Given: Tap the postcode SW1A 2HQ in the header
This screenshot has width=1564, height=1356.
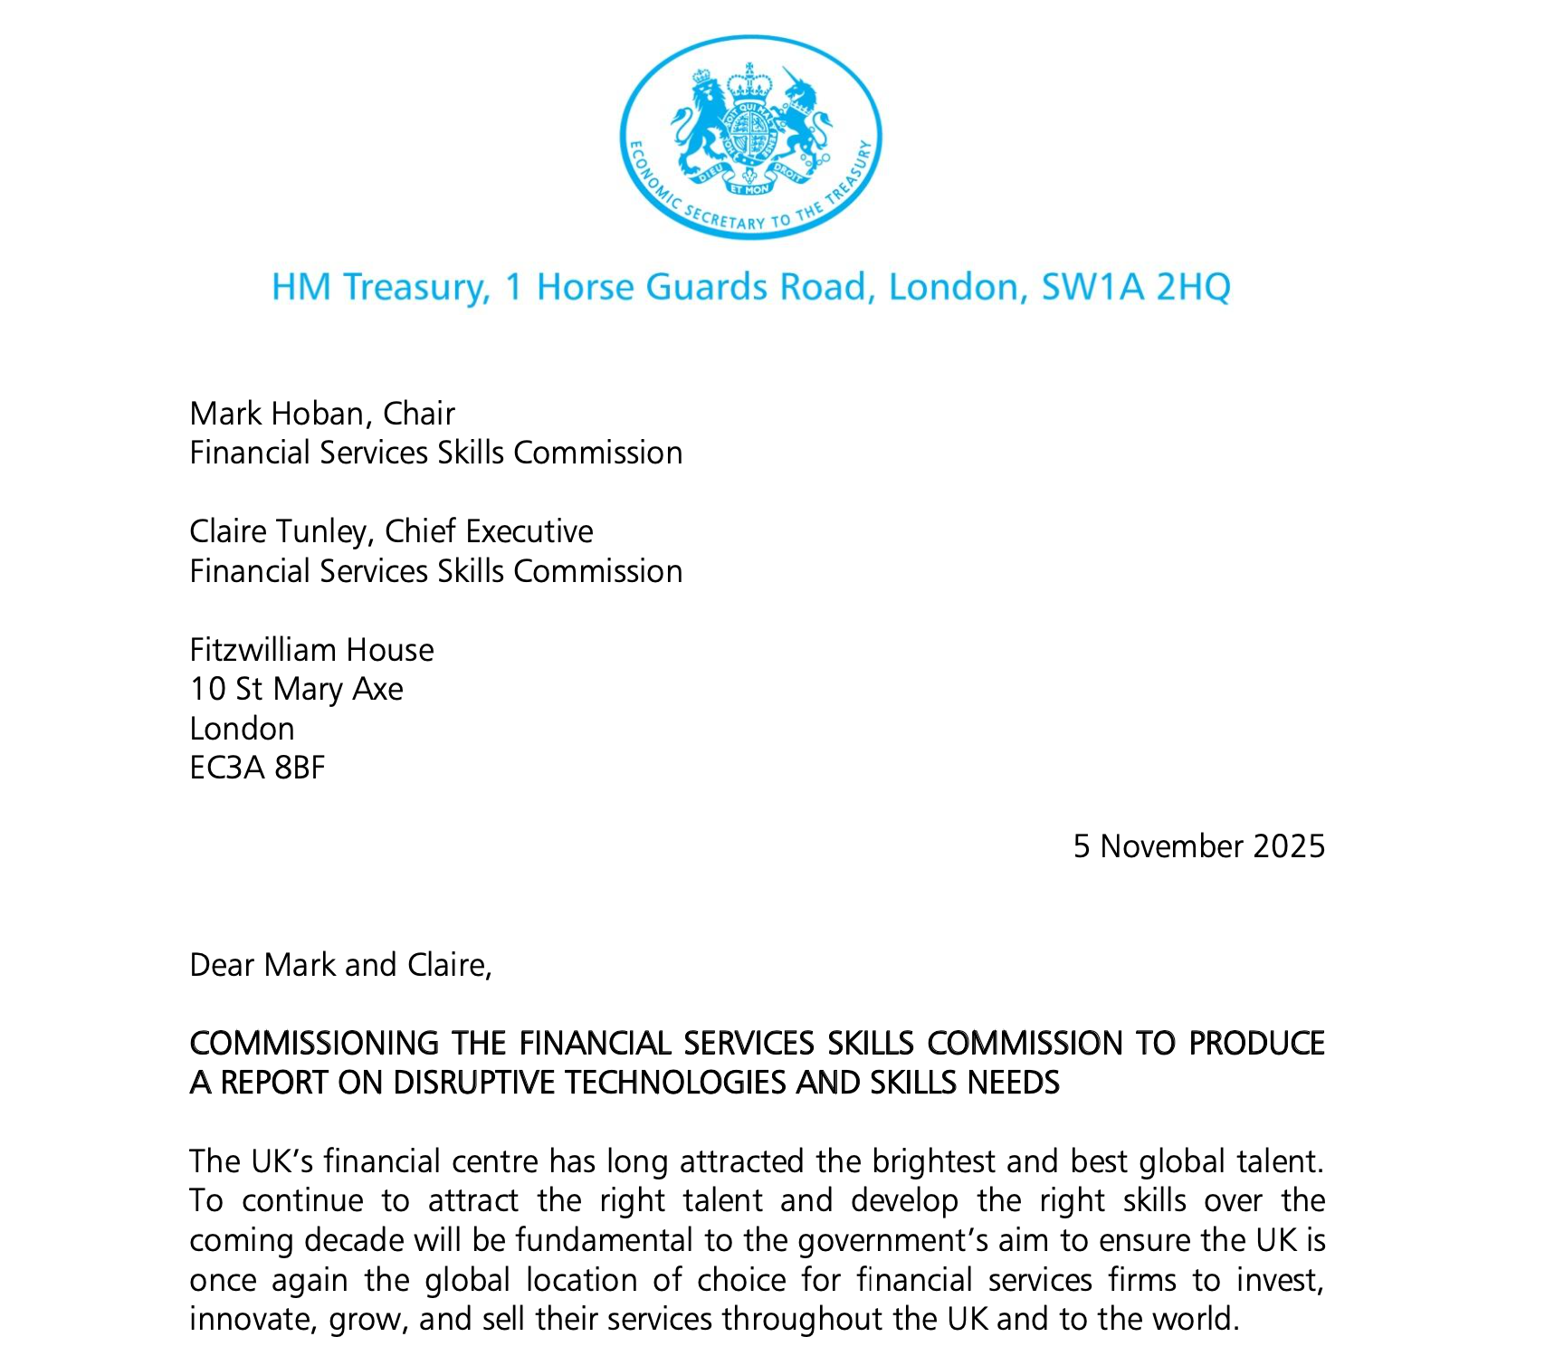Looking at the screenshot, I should pos(1135,287).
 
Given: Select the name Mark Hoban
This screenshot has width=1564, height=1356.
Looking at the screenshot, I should pos(275,414).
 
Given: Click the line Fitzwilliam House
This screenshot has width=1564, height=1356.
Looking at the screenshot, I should pos(311,650).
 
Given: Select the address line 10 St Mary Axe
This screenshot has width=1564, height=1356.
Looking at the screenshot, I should pos(296,689).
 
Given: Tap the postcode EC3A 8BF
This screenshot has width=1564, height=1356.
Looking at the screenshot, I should pos(257,768).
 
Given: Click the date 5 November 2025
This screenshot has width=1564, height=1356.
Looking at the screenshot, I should pos(1198,846).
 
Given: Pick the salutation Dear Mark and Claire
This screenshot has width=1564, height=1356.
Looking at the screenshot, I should pos(340,965).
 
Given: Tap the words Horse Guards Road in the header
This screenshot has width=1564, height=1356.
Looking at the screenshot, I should pos(706,287).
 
